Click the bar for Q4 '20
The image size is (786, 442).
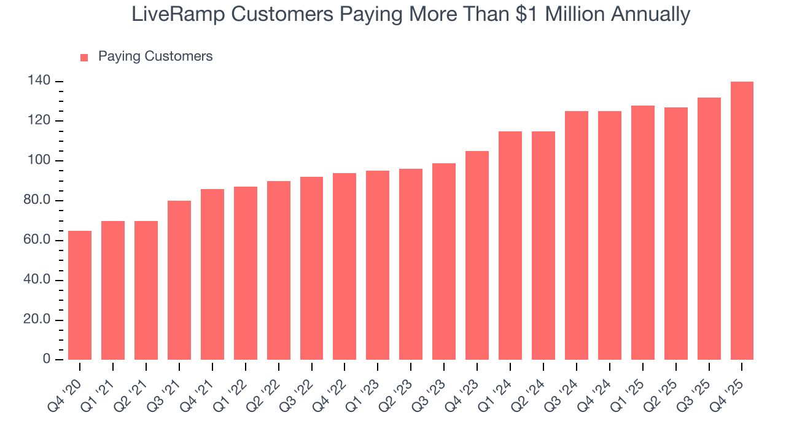pos(80,295)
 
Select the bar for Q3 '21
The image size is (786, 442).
pos(179,280)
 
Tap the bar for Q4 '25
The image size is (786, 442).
pos(742,221)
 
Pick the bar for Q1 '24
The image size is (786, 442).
pos(510,246)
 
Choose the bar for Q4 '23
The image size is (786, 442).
pos(477,255)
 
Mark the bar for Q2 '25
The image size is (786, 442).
pos(675,234)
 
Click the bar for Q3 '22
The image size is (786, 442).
pos(311,268)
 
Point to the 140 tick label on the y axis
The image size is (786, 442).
pos(37,82)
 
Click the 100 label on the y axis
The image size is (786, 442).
pos(37,161)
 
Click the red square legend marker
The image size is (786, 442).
pos(85,58)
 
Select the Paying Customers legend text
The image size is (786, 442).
pos(155,56)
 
